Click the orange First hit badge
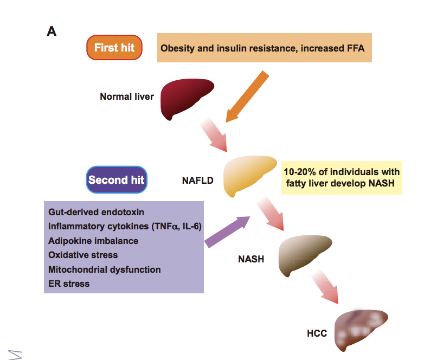point(114,48)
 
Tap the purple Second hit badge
point(117,179)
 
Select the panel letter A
point(52,31)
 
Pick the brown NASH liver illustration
point(303,254)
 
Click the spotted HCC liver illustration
point(359,329)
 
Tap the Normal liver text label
point(127,97)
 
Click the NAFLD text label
point(198,181)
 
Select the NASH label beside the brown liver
point(251,259)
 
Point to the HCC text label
point(317,333)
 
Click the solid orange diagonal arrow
point(247,97)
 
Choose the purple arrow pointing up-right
point(227,232)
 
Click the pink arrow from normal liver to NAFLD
point(214,134)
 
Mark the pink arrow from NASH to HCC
point(325,287)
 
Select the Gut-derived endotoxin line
point(97,212)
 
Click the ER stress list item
point(69,284)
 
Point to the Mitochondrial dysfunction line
point(105,269)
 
